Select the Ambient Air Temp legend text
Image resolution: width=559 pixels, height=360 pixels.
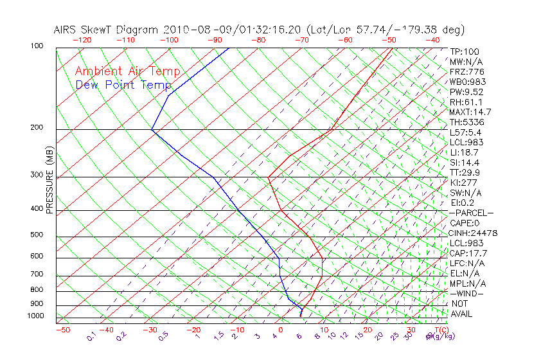(127, 72)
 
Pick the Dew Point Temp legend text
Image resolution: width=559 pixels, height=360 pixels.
(123, 85)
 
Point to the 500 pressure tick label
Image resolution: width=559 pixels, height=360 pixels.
(37, 235)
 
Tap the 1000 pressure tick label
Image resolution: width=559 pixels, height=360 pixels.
(35, 316)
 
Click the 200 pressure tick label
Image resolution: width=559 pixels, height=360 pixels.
(37, 128)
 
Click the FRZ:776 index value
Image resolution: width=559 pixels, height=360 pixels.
(467, 72)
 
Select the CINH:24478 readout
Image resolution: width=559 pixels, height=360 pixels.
(474, 233)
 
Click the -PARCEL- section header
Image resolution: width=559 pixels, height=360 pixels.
(472, 213)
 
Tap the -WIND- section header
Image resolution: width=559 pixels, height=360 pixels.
(467, 293)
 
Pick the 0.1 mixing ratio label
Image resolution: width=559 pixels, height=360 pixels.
(91, 336)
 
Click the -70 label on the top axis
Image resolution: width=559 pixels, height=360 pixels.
(301, 40)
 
